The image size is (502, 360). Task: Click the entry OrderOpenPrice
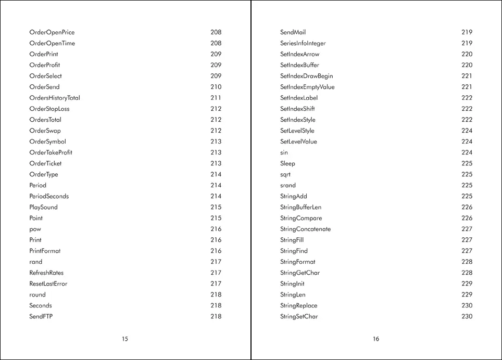pos(52,32)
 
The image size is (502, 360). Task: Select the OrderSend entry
pos(44,87)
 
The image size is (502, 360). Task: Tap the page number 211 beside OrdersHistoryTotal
pos(216,98)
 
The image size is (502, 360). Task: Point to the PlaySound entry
pos(43,207)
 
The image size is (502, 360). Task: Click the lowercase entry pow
pos(35,229)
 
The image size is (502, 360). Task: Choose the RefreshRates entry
pos(46,273)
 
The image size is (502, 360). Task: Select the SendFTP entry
pos(41,316)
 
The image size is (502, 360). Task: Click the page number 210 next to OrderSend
pos(216,87)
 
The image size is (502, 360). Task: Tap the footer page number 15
pos(125,339)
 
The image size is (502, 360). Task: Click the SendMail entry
pos(293,32)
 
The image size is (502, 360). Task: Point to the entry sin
pos(284,152)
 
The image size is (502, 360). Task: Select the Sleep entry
pos(287,163)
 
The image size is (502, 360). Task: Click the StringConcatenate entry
pos(305,229)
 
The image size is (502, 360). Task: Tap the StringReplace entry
pos(298,305)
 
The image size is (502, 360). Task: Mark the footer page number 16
pos(376,339)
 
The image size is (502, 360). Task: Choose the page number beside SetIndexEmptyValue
pos(467,87)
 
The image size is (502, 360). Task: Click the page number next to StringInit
pos(467,284)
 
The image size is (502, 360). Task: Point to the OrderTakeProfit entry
pos(51,152)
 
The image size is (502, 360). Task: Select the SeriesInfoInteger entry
pos(303,43)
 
